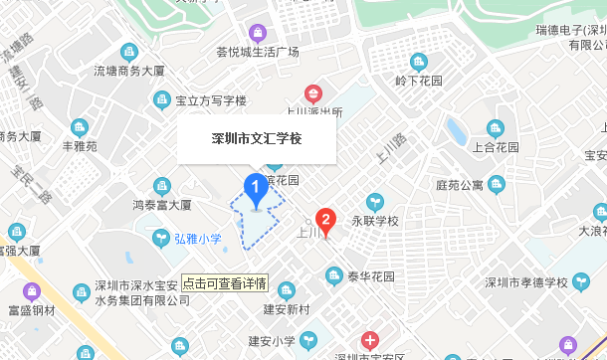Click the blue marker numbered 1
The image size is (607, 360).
255,186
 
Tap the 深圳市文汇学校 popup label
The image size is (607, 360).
257,138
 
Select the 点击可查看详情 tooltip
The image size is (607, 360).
224,282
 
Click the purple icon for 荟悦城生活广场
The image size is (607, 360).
258,32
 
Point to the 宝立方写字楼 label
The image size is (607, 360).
211,100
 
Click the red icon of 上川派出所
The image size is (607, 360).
313,94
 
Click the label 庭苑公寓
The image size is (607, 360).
460,185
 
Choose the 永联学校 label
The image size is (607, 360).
374,221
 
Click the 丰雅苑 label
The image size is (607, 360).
80,146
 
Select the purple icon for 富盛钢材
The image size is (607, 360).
30,292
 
